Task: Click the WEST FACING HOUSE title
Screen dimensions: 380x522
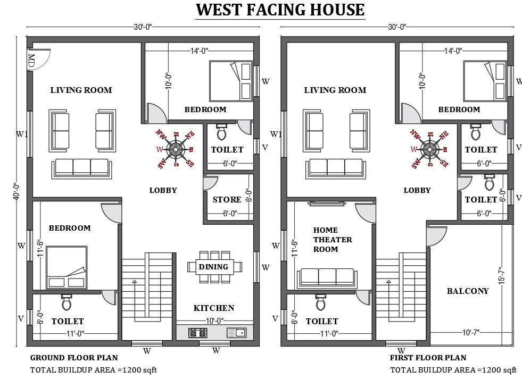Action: (x=280, y=10)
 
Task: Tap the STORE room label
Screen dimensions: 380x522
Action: (x=227, y=200)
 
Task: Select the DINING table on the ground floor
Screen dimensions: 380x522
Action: (x=214, y=267)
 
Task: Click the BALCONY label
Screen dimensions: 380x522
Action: (x=468, y=291)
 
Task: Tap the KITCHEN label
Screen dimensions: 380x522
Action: (x=214, y=308)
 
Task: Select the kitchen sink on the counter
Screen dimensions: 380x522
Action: (x=236, y=333)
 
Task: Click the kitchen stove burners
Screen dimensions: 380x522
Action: (x=197, y=333)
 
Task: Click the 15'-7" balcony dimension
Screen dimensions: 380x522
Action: (x=501, y=276)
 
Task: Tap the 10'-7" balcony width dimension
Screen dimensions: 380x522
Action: (x=470, y=333)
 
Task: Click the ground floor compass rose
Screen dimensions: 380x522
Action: (x=175, y=149)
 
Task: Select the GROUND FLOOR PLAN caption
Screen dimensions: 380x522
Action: (x=74, y=358)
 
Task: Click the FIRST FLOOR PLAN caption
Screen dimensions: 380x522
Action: (x=428, y=358)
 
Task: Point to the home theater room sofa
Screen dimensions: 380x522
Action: (x=328, y=277)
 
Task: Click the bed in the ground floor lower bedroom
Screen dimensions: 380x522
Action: (x=67, y=267)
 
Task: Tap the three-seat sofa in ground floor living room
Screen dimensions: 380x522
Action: (x=82, y=167)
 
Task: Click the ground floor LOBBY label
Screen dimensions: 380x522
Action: (x=163, y=190)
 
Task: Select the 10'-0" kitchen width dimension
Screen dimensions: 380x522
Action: (x=215, y=320)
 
